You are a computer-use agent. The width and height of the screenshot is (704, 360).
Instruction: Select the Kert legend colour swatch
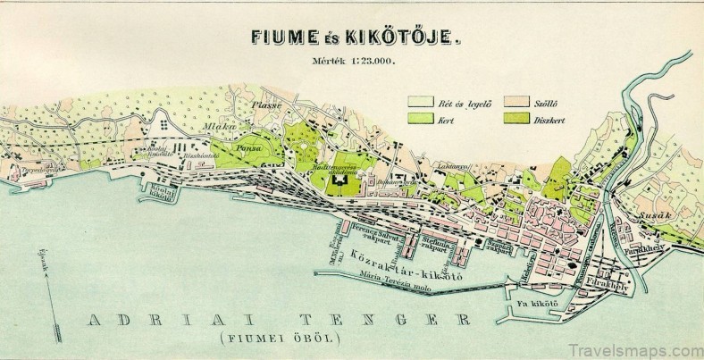coord(421,119)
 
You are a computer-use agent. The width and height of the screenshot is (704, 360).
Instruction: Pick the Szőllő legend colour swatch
coord(515,101)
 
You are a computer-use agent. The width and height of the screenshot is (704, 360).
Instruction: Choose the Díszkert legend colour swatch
coord(515,119)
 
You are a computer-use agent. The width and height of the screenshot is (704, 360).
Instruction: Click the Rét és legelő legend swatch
coord(421,101)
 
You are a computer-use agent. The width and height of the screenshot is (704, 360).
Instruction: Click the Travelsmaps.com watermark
coord(633,339)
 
